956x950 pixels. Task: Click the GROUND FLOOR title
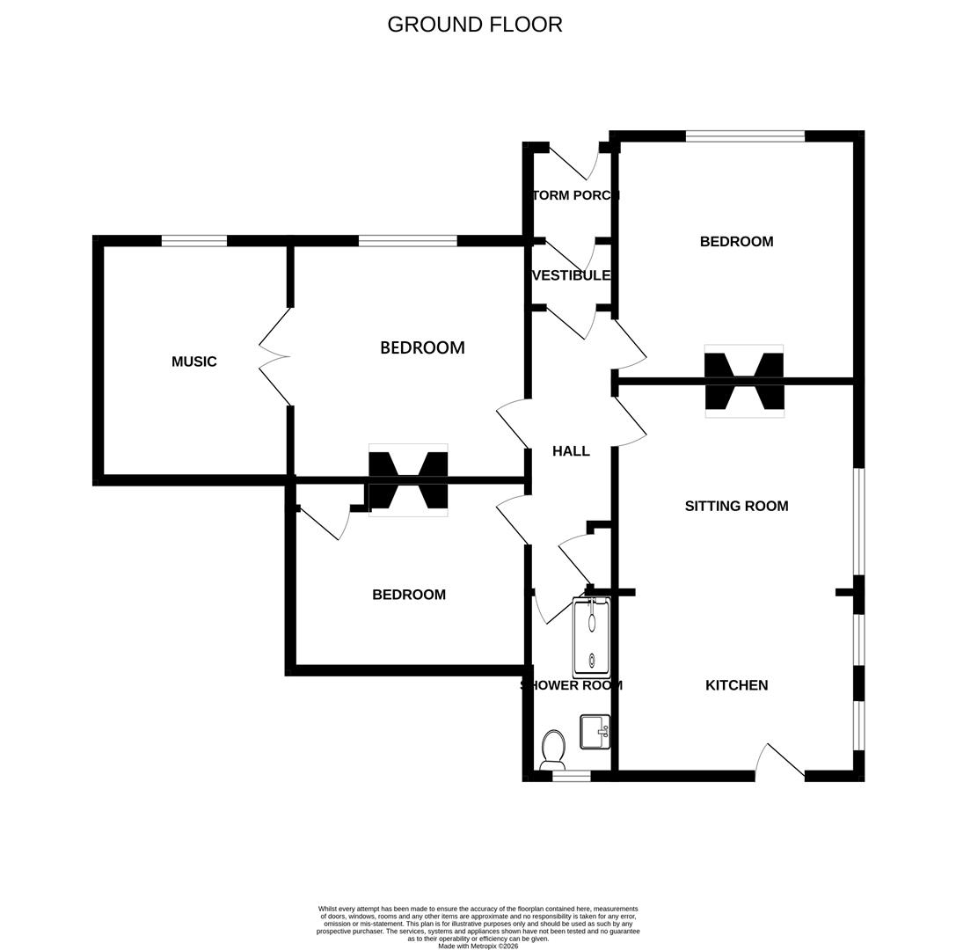click(475, 25)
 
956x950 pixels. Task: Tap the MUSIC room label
click(193, 362)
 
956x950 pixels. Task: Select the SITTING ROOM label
click(736, 506)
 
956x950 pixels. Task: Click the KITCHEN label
click(736, 685)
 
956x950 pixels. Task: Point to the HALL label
click(571, 451)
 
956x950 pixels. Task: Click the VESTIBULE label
click(572, 275)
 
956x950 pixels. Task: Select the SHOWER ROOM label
click(571, 685)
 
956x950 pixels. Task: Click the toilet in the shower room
click(553, 749)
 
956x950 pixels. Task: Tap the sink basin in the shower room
click(595, 731)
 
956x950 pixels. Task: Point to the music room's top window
click(194, 241)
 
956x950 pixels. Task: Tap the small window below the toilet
click(571, 776)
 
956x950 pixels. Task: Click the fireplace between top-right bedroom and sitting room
click(744, 381)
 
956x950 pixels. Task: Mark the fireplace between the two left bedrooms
click(408, 480)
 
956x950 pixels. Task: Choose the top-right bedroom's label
click(736, 242)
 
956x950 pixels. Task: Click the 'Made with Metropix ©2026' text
click(478, 946)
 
